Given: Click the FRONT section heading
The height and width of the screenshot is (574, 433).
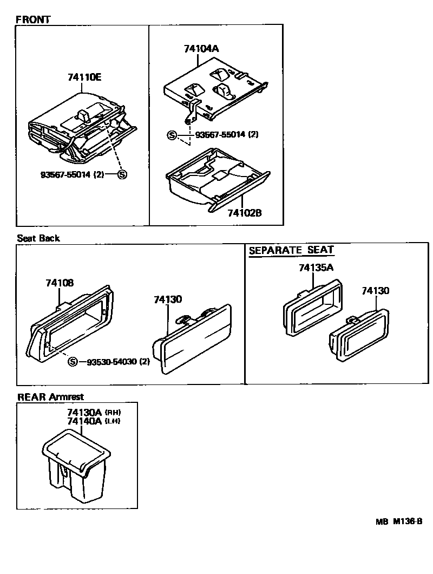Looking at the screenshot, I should tap(33, 19).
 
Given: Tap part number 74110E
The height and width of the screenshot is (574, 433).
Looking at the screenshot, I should tap(84, 77).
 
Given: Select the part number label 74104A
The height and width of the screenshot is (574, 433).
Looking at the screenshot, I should tap(200, 48).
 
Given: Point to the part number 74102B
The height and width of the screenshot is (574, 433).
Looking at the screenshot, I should tap(244, 213).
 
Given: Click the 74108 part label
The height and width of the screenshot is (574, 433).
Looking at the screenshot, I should tap(60, 283).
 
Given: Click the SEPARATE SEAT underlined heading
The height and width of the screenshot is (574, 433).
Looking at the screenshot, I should tap(291, 250).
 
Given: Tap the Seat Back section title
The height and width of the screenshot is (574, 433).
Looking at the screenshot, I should tap(38, 238).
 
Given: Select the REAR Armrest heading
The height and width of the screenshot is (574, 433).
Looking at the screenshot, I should tap(51, 397).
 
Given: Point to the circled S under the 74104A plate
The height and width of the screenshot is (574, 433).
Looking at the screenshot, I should tap(172, 135).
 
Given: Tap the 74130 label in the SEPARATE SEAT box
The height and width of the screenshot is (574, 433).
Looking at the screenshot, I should tap(375, 291).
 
